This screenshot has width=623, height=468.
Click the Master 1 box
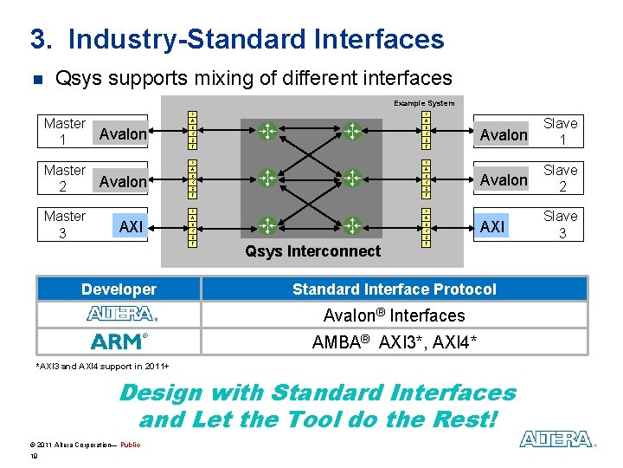point(65,132)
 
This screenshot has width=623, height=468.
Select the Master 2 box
point(65,179)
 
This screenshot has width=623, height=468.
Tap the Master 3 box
point(65,224)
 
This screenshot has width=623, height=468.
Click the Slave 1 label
point(560,132)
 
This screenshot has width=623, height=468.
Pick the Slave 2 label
point(560,179)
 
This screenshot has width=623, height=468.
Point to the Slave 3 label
point(560,224)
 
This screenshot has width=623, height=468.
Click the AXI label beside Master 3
point(131,227)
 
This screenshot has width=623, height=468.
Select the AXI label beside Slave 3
point(492,227)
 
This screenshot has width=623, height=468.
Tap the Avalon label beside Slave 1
point(503,134)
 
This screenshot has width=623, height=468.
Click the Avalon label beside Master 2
point(123,182)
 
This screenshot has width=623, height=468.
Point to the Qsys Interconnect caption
point(312,251)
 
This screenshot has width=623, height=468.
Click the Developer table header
point(119,289)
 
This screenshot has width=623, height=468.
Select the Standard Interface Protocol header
point(394,289)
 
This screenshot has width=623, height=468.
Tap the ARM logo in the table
point(119,341)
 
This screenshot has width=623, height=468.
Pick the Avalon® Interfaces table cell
point(394,315)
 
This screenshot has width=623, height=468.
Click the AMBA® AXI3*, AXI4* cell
point(394,341)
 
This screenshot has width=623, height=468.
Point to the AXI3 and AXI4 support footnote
point(97,367)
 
